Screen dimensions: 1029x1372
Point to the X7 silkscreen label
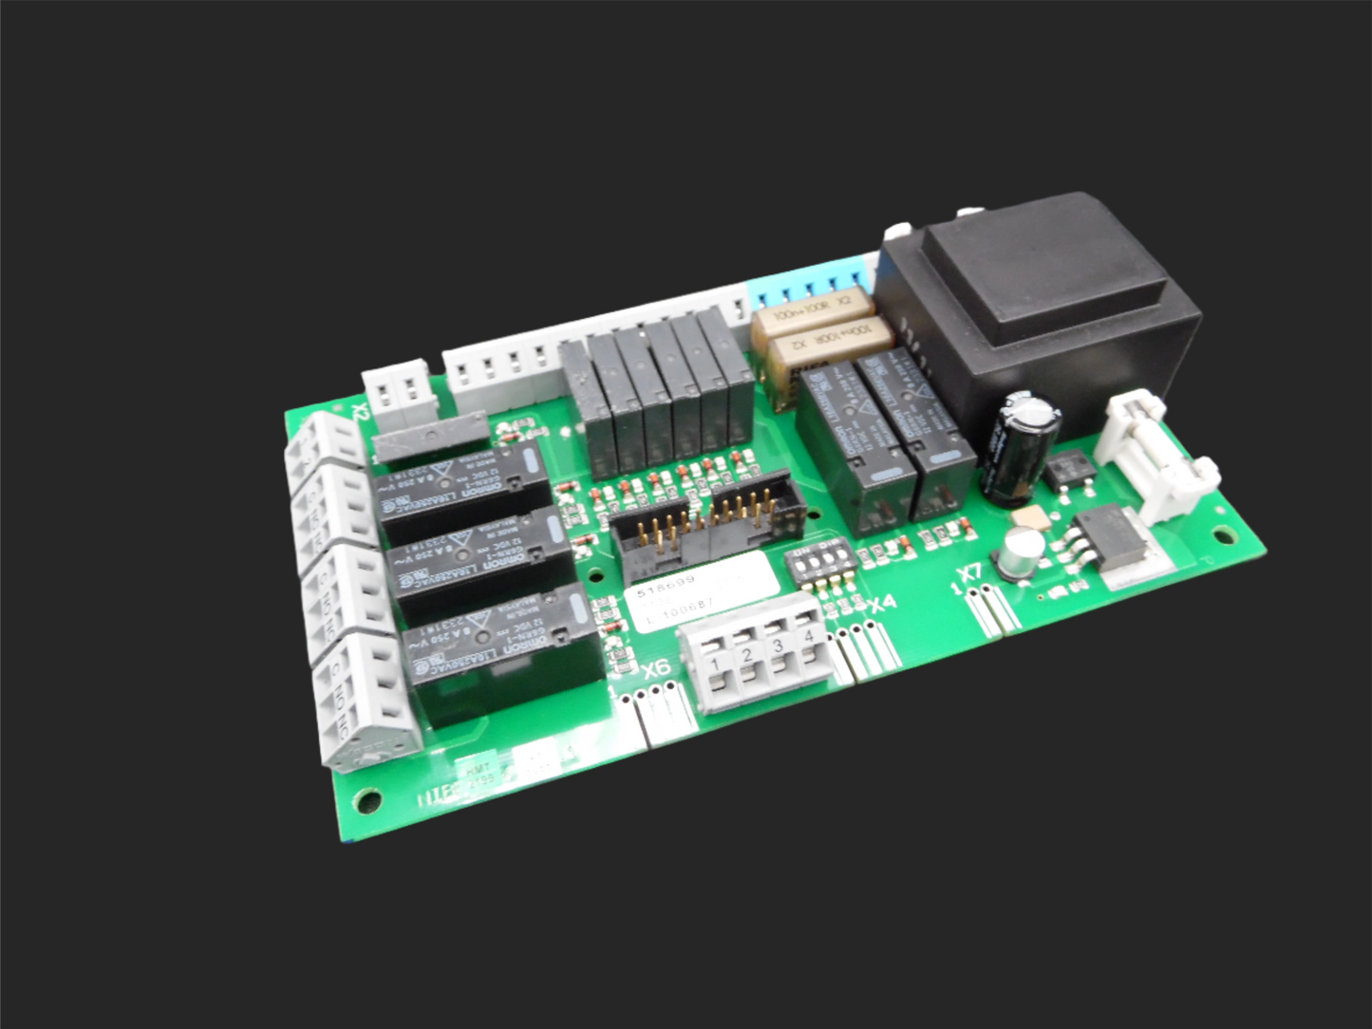pyautogui.click(x=969, y=572)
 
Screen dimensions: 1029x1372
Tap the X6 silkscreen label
pyautogui.click(x=655, y=669)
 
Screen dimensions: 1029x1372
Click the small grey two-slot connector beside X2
pyautogui.click(x=400, y=395)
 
